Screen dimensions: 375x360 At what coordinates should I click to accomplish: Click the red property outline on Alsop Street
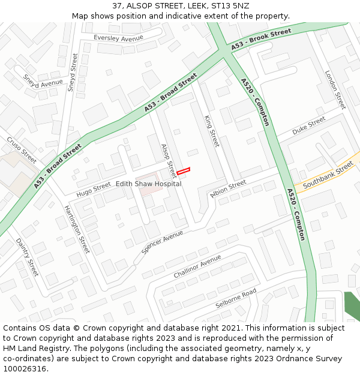(x=183, y=172)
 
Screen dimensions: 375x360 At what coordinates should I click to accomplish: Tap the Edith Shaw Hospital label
(x=148, y=184)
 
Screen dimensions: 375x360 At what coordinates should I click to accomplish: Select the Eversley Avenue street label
(x=118, y=38)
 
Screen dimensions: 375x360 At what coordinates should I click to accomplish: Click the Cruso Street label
(x=22, y=149)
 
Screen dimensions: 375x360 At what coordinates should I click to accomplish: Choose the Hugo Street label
(x=94, y=190)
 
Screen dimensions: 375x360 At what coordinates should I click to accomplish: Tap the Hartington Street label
(x=77, y=228)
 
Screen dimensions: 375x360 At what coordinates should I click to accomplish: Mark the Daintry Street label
(x=27, y=257)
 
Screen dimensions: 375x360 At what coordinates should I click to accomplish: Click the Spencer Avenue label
(x=163, y=241)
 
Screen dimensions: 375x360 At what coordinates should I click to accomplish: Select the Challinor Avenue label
(x=197, y=266)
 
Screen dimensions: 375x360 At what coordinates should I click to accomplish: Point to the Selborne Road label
(x=236, y=298)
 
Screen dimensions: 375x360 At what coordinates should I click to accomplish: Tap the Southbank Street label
(x=328, y=177)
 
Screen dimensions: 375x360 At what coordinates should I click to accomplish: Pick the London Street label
(x=335, y=89)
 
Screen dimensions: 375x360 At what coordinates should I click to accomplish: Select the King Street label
(x=212, y=131)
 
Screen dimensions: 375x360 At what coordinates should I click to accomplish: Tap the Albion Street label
(x=228, y=187)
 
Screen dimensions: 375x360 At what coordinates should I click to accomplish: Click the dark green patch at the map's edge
(x=352, y=306)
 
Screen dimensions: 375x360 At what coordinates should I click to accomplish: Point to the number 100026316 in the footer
(x=24, y=369)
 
